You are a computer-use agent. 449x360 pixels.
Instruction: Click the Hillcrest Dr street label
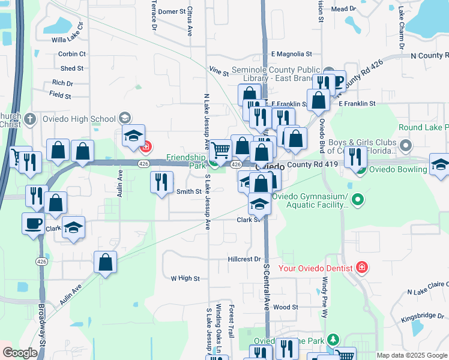pos(245,260)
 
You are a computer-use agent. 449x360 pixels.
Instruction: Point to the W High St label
pos(185,278)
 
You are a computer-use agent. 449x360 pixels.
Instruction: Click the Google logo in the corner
pos(20,353)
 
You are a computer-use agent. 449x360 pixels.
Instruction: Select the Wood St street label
pos(286,307)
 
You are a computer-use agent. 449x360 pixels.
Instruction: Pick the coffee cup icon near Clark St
pos(34,223)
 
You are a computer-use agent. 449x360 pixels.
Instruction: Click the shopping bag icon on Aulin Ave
pos(105,262)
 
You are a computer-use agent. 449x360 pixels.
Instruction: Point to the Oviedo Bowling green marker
pos(360,169)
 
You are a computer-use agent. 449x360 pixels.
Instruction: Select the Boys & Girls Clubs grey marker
pos(407,146)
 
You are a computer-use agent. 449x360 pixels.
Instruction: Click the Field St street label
pos(60,95)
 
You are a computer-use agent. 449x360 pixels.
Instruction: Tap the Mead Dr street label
pos(343,9)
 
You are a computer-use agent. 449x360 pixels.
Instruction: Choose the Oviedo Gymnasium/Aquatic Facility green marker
pos(358,198)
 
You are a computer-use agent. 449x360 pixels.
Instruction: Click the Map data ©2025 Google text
pos(412,355)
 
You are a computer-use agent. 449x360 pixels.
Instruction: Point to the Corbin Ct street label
pos(72,54)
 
